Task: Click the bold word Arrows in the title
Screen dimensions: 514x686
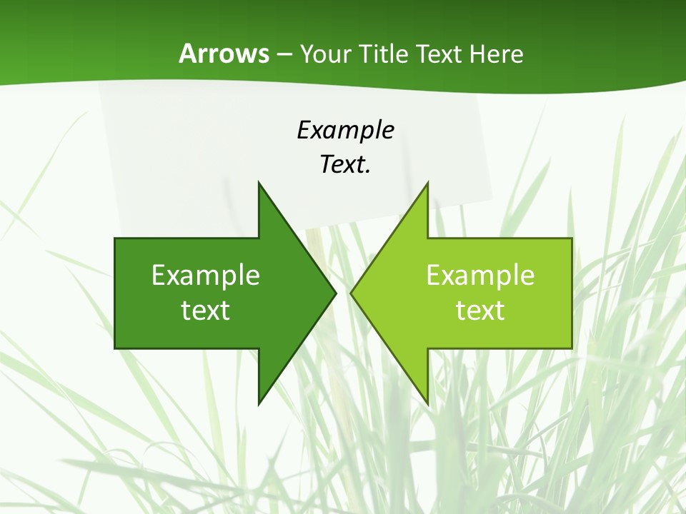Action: [224, 54]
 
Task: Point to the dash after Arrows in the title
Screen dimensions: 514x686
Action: [284, 54]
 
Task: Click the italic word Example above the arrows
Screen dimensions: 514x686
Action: [345, 130]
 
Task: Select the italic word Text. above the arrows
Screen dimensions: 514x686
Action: [345, 164]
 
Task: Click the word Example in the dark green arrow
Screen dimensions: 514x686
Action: [206, 276]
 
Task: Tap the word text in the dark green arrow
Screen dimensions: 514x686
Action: [206, 311]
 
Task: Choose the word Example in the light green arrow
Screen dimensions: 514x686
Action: [480, 276]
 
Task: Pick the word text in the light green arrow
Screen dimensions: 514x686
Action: [480, 311]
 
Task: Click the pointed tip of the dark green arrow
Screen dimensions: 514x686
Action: [335, 292]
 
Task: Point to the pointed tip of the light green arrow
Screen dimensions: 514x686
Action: [351, 292]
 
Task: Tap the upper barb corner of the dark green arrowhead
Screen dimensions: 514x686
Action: [259, 183]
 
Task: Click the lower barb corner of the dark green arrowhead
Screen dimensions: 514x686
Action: [259, 404]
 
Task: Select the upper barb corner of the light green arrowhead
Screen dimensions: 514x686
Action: [427, 183]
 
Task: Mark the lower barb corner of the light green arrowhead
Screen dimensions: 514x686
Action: [427, 404]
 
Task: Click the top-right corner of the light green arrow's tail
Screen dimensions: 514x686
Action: [572, 238]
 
